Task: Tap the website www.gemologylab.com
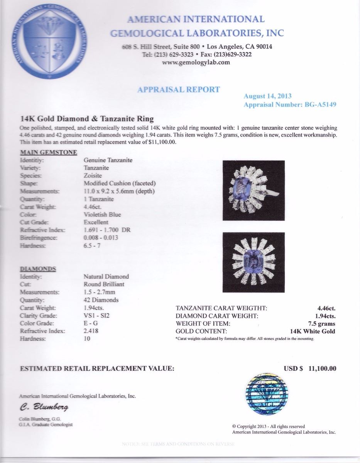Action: pos(196,63)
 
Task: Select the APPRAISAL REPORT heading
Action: pos(179,90)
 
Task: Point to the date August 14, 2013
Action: pos(267,96)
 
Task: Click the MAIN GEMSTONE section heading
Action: pos(48,152)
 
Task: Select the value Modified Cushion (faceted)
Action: pos(120,183)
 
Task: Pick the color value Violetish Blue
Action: pos(102,215)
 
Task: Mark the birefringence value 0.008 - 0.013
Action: pos(101,238)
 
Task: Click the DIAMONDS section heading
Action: pos(37,269)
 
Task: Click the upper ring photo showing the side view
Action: pos(254,190)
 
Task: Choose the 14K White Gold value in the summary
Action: pos(313,331)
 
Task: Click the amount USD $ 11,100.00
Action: pos(310,368)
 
